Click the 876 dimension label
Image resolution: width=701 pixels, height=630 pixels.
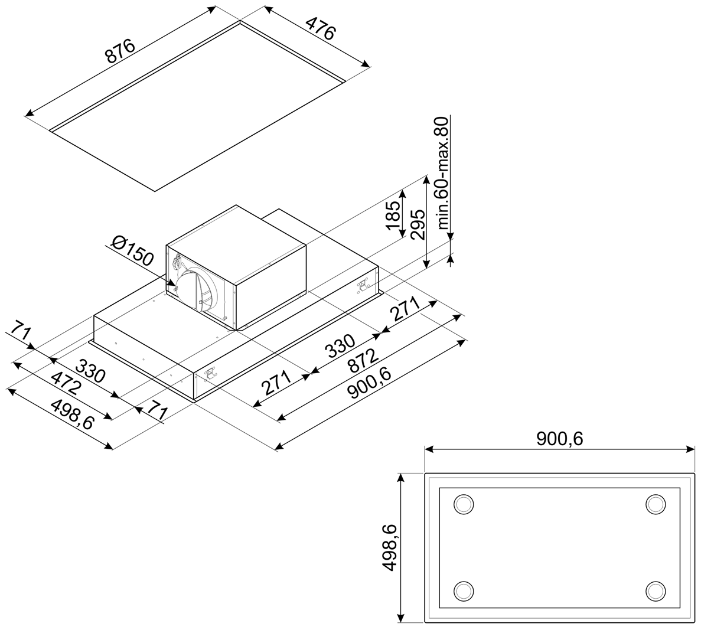tap(119, 51)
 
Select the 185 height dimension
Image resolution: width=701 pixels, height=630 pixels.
tap(394, 216)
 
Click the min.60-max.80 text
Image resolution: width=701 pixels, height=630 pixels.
tap(442, 174)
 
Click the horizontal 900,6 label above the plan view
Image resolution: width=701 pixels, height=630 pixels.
tap(560, 439)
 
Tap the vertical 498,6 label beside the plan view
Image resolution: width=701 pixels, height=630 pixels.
tap(390, 547)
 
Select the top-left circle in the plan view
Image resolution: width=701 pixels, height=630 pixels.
tap(464, 505)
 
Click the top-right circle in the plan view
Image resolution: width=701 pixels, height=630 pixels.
tap(656, 505)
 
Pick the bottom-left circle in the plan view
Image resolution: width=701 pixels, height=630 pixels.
tap(464, 591)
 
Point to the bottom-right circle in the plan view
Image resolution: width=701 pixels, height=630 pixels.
tap(656, 591)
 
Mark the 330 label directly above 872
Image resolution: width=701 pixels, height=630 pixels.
tap(341, 346)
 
